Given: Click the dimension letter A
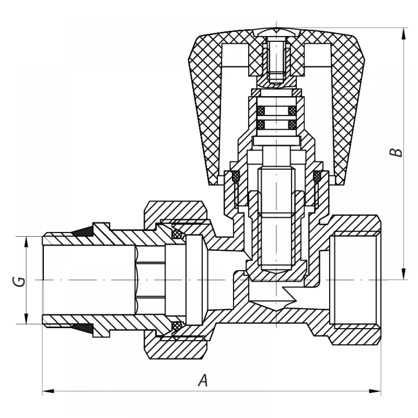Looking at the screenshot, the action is point(203,380).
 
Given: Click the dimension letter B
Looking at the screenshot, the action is point(398,152).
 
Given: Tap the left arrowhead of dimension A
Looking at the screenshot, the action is point(48,391).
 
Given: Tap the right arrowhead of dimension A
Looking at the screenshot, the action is point(375,391).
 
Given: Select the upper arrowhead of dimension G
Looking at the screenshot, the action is point(26,242).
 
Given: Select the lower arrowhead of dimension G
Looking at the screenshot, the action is point(26,318).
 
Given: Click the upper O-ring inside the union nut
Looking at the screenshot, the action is point(177,234).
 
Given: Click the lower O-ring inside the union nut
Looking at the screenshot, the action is point(177,326).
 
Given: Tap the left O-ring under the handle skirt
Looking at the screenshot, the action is point(236,176).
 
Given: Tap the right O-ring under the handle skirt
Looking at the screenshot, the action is point(317,176).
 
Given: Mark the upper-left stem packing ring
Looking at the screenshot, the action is point(261,110).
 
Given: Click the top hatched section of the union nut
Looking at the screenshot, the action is point(176,212).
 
